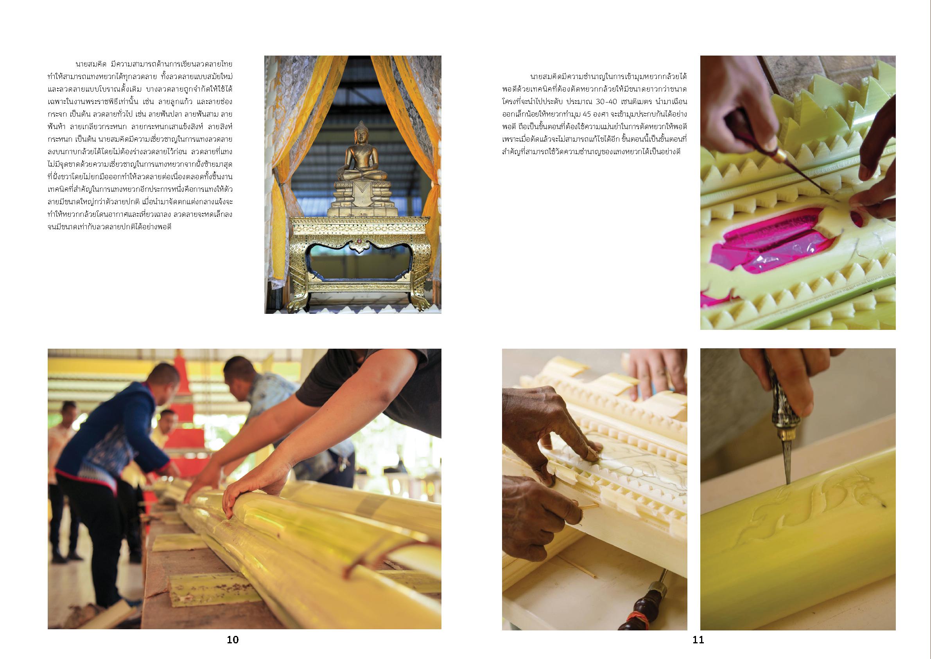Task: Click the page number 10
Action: (233, 640)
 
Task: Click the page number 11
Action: (698, 640)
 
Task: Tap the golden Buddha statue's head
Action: (360, 133)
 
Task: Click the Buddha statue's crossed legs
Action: (361, 175)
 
